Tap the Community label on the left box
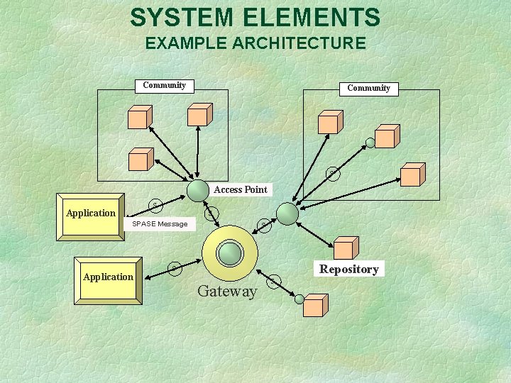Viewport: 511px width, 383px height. (x=164, y=85)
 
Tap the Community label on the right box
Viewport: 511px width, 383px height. (x=368, y=89)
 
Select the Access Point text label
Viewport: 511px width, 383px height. (x=241, y=189)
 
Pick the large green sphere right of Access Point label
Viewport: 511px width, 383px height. (x=287, y=213)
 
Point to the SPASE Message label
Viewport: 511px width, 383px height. (x=160, y=224)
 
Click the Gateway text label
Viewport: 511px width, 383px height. (x=227, y=291)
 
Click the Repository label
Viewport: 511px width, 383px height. (x=348, y=269)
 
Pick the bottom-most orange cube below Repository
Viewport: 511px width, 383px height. (x=314, y=305)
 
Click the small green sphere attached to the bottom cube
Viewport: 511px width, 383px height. (x=300, y=299)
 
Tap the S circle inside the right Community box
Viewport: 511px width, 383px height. (x=332, y=173)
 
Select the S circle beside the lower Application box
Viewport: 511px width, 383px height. (x=173, y=268)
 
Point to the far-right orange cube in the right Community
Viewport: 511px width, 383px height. (x=412, y=175)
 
